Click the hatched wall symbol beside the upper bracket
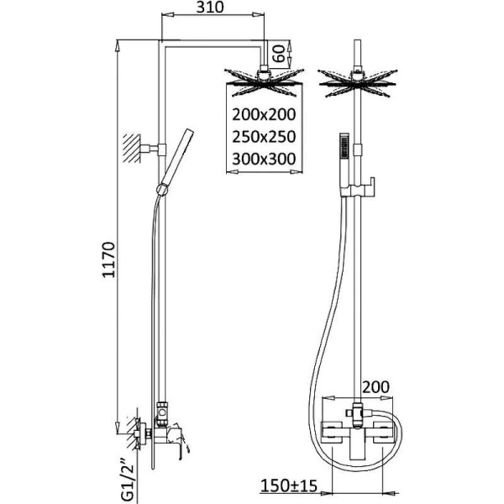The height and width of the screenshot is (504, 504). pos(130,148)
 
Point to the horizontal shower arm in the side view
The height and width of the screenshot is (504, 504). pos(214,43)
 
